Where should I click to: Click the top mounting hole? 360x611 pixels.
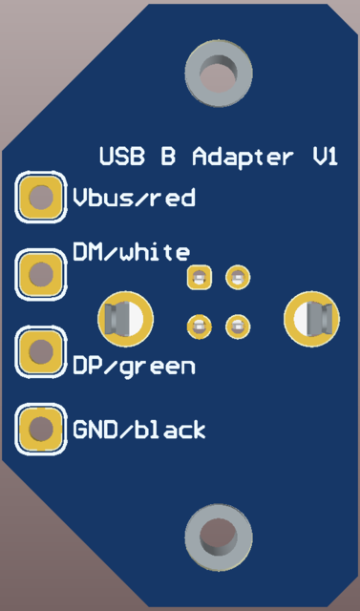pyautogui.click(x=220, y=74)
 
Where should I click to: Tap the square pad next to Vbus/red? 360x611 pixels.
pyautogui.click(x=40, y=199)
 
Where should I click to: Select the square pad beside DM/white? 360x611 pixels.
pyautogui.click(x=40, y=275)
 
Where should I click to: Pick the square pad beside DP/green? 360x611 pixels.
pyautogui.click(x=40, y=352)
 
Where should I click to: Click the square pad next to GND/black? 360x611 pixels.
pyautogui.click(x=40, y=430)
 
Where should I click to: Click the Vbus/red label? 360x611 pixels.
pyautogui.click(x=135, y=199)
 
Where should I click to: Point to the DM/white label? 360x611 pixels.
pyautogui.click(x=131, y=253)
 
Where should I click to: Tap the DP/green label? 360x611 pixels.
pyautogui.click(x=135, y=366)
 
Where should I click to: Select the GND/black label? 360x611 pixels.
pyautogui.click(x=139, y=431)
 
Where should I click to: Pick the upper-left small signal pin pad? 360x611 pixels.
pyautogui.click(x=199, y=278)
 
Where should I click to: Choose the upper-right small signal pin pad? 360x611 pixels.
pyautogui.click(x=237, y=278)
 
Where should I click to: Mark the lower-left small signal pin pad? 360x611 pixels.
pyautogui.click(x=199, y=327)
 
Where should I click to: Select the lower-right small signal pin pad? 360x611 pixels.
pyautogui.click(x=237, y=327)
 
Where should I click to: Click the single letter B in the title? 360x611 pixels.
pyautogui.click(x=168, y=157)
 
